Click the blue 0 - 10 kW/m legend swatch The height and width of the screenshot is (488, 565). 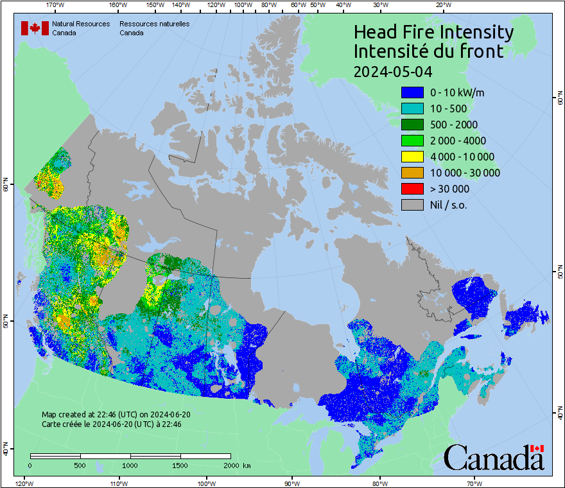coord(412,92)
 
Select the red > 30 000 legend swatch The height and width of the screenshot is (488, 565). coord(412,189)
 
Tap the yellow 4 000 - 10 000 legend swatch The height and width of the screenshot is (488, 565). coord(412,157)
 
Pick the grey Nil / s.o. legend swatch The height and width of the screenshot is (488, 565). coord(412,205)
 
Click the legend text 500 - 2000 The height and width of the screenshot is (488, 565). coord(454,125)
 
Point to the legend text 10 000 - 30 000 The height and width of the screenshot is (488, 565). coord(465,173)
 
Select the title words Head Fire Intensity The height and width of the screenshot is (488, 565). coord(433,32)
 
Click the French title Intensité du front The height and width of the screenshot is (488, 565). coord(429,51)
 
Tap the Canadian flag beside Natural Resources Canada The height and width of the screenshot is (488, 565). coord(35,28)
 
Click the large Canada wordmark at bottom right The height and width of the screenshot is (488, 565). coord(494,458)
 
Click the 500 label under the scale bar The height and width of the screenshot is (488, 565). coord(80,466)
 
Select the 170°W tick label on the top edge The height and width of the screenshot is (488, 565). coord(55,5)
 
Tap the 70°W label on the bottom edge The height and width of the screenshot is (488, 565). coord(474,483)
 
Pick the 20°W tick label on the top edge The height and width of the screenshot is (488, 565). coord(442,5)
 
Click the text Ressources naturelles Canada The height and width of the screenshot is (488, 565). coord(154,28)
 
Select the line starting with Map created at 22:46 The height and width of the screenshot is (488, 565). coord(116,415)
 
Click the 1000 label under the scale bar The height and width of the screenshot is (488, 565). coord(130,466)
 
